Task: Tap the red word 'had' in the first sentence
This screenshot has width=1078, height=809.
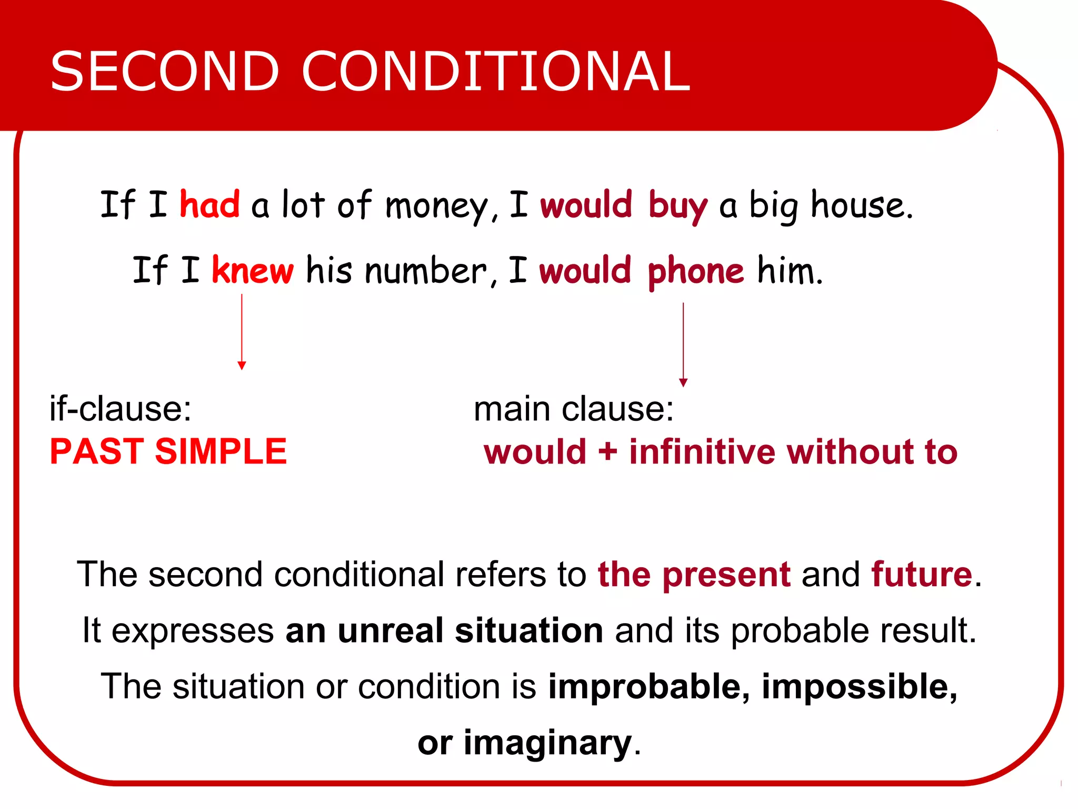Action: point(209,204)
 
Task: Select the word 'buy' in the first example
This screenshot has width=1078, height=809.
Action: point(677,205)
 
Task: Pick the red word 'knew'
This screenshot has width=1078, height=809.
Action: point(253,270)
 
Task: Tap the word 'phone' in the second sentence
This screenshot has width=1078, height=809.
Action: point(695,272)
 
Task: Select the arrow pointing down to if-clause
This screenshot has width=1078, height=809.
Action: point(242,332)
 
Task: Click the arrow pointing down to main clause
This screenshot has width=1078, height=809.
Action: point(683,345)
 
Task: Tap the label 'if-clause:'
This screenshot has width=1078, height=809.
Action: point(121,409)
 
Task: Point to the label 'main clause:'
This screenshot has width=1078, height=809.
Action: point(574,409)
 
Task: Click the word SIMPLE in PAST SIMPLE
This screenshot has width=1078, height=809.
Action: point(221,451)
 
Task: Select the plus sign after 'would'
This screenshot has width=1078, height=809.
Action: point(607,452)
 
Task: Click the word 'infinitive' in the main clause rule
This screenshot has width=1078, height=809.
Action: point(702,452)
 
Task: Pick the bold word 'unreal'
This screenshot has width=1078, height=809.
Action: point(391,630)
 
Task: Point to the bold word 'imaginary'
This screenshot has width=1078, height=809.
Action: point(547,743)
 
